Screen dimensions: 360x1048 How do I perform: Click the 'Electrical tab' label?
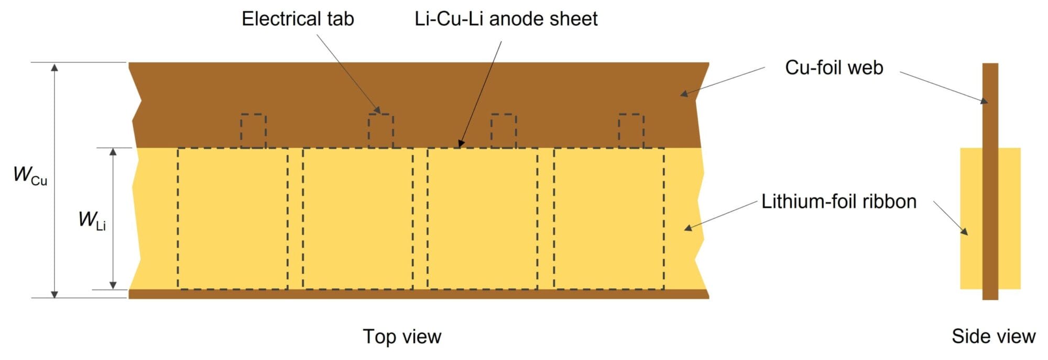click(x=298, y=19)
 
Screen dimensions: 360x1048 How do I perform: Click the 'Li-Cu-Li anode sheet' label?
click(x=506, y=19)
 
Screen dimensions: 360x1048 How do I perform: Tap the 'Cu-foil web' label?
click(x=834, y=68)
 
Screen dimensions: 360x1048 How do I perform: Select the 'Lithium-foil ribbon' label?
click(x=838, y=202)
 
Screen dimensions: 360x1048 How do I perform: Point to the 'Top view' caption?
click(x=402, y=336)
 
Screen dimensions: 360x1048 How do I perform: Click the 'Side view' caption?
click(x=993, y=336)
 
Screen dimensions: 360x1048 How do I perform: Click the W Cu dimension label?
click(x=30, y=175)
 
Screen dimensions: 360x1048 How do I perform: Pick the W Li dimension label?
click(x=92, y=220)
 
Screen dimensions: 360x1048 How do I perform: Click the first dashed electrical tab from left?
click(x=253, y=130)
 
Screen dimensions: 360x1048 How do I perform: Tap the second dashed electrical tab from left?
click(x=380, y=130)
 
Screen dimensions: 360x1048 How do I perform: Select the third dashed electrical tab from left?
click(x=504, y=130)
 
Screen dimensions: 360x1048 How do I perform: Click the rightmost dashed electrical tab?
click(x=631, y=130)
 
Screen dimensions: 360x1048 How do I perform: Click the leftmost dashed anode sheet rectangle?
click(x=232, y=218)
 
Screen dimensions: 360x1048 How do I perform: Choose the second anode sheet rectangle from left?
click(x=357, y=218)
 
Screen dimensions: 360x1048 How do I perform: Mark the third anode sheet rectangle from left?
click(x=482, y=218)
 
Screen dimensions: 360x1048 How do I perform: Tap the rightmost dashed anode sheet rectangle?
click(x=609, y=218)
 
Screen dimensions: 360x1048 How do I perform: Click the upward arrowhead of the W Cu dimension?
click(x=54, y=67)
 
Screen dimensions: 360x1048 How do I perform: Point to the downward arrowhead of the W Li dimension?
click(x=113, y=285)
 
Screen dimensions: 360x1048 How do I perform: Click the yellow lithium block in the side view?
click(x=971, y=218)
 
